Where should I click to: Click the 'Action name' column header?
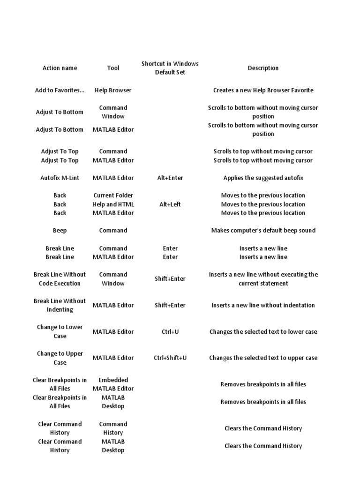[60, 68]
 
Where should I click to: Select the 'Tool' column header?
[113, 68]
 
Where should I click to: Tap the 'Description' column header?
[263, 68]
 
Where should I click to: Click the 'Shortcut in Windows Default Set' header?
[170, 68]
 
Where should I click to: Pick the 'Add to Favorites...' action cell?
[60, 90]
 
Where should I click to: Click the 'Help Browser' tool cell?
[113, 90]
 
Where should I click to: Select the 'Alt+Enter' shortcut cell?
[170, 178]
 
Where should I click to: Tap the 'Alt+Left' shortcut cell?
[170, 204]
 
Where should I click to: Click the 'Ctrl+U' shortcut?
[170, 331]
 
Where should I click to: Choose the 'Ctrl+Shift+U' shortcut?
[170, 358]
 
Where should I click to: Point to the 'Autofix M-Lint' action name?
[60, 178]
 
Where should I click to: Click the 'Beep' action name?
[60, 230]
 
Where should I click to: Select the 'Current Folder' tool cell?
[113, 195]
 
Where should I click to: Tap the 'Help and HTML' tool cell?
[113, 204]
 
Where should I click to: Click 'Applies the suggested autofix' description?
[263, 178]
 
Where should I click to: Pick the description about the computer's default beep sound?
[263, 230]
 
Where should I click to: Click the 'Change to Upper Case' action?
[60, 358]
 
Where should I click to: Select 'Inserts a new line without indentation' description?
[263, 305]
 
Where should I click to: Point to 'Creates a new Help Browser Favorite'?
[263, 90]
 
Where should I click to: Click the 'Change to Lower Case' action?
[60, 331]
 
